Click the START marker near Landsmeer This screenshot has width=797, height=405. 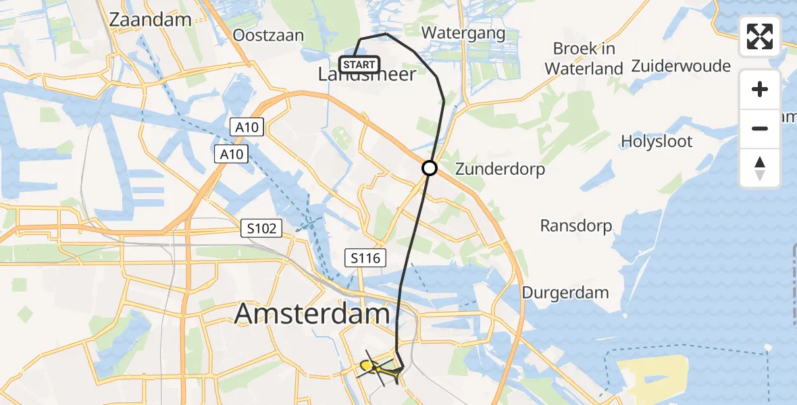point(359,65)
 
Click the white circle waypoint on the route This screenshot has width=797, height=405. point(430,168)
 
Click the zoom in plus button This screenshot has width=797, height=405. point(760,89)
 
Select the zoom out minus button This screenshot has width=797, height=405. point(760,128)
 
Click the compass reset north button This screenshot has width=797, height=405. point(760,167)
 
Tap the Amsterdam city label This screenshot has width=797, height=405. point(313,315)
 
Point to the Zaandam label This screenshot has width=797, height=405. point(150,20)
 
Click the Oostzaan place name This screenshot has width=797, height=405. point(267,35)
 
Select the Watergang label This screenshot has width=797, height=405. point(463,32)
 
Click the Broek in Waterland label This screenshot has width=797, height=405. point(584,58)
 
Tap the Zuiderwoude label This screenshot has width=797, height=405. point(681,66)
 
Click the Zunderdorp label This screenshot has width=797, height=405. point(500,169)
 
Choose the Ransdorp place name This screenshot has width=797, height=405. point(576,225)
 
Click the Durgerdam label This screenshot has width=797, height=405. point(565,292)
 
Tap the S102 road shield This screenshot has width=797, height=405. point(261,229)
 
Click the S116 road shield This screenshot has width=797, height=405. point(365,257)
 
